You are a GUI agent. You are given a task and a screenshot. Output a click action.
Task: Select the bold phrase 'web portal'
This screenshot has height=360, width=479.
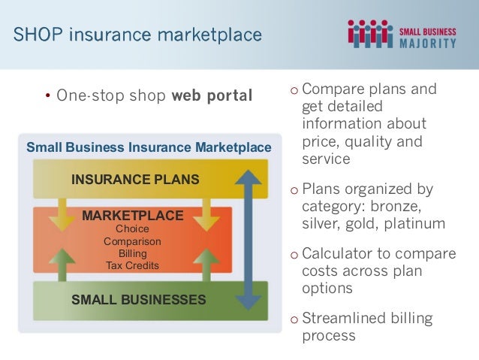click(212, 96)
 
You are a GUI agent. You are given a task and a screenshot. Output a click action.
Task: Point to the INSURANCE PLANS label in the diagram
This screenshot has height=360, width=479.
click(135, 179)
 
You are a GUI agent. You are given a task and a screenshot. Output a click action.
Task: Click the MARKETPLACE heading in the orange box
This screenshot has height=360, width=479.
click(132, 216)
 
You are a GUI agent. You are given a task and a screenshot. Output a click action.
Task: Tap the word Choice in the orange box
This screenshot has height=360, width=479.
click(132, 228)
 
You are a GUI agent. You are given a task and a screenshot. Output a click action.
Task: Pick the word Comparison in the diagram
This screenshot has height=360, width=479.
click(132, 241)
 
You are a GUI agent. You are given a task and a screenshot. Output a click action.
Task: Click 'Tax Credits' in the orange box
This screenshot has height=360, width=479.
click(132, 265)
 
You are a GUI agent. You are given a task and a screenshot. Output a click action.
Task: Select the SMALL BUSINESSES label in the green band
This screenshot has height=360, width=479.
click(138, 300)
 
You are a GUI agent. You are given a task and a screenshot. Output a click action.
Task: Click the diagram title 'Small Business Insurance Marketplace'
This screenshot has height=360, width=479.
click(149, 147)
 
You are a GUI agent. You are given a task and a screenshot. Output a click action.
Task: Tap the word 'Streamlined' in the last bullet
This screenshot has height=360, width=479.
click(342, 319)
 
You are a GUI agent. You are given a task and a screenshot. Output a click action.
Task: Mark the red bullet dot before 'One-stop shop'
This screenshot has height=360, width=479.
click(47, 97)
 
